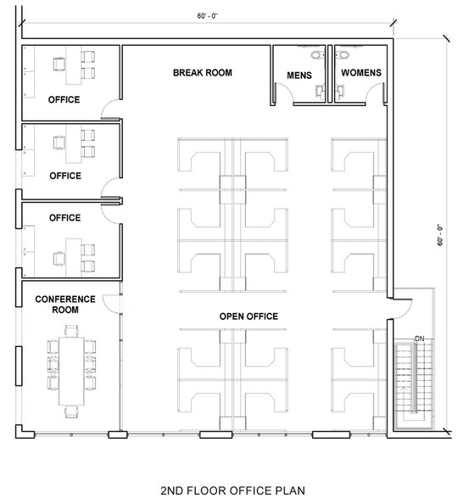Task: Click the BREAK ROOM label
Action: [202, 73]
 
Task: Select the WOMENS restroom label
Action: [360, 73]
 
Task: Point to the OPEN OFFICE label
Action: [249, 317]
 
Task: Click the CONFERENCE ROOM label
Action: [57, 305]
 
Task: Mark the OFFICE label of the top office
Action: [64, 100]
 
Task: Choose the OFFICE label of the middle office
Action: [64, 177]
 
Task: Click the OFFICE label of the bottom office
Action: [64, 218]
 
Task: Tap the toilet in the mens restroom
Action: [317, 56]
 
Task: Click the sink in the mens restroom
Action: [320, 89]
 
